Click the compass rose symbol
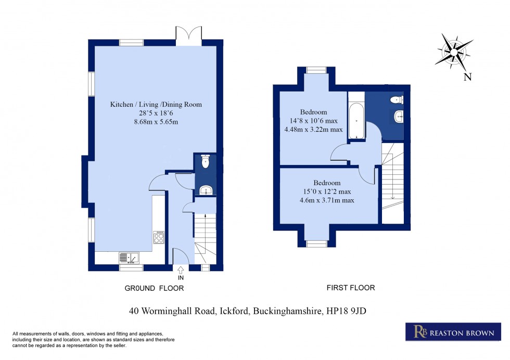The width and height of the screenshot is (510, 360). click(454, 52)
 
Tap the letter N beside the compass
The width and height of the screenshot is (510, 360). click(467, 78)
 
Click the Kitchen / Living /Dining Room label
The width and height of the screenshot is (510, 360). click(156, 105)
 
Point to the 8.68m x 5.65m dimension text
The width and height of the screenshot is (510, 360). click(156, 122)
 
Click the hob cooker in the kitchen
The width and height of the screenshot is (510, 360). click(159, 238)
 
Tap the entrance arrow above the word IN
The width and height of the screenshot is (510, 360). click(181, 269)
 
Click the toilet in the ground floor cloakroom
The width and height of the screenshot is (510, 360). click(206, 161)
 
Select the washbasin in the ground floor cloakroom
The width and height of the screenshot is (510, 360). click(206, 190)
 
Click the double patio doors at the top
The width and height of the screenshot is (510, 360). click(189, 36)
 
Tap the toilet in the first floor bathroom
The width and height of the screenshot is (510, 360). click(397, 99)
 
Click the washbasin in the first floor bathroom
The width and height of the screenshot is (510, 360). click(399, 117)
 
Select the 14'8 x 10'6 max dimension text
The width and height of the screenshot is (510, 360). click(313, 121)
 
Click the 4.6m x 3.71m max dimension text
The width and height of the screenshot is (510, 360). click(327, 200)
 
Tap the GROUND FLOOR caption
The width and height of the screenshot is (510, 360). click(154, 288)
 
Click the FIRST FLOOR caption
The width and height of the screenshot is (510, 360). click(350, 288)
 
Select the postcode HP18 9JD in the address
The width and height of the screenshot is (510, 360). click(349, 312)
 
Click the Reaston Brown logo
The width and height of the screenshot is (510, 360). click(450, 332)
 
